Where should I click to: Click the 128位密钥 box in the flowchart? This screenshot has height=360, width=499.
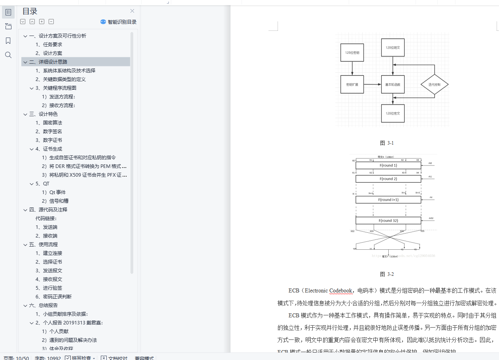(x=352, y=53)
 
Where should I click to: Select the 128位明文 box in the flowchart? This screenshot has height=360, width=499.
(x=393, y=48)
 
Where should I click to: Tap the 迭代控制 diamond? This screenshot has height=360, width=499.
(x=434, y=85)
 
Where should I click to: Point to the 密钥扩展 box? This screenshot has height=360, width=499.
(x=352, y=85)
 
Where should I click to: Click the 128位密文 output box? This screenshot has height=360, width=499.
(x=393, y=113)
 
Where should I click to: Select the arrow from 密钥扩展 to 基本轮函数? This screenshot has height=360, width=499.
(x=372, y=85)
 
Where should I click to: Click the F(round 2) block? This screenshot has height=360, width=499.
(x=388, y=179)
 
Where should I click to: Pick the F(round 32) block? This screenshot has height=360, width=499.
(x=388, y=221)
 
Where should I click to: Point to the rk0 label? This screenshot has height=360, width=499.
(x=431, y=163)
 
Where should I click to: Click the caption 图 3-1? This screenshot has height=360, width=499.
(x=387, y=143)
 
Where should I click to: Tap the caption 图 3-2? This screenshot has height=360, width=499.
(x=387, y=274)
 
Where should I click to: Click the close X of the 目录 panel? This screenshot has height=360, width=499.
(x=132, y=11)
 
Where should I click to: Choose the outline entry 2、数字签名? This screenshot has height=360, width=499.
(x=49, y=131)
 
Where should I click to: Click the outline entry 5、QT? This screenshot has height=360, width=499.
(x=43, y=183)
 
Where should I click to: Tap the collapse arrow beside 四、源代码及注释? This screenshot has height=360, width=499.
(x=25, y=210)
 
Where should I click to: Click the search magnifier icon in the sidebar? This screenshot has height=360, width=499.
(x=8, y=55)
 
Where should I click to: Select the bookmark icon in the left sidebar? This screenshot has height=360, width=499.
(x=8, y=41)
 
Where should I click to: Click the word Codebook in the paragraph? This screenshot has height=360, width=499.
(x=340, y=291)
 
